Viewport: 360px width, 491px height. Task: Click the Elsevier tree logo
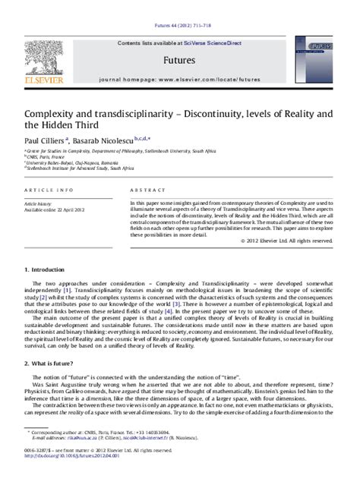point(41,60)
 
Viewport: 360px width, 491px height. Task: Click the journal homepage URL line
point(179,78)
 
